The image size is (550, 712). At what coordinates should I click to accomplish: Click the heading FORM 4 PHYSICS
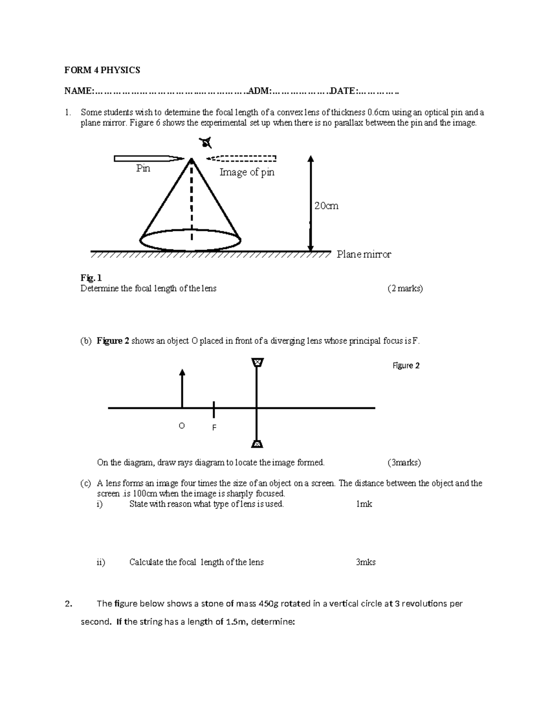click(x=102, y=70)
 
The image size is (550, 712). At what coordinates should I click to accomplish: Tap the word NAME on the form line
click(x=78, y=91)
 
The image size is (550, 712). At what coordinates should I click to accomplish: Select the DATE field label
click(x=342, y=91)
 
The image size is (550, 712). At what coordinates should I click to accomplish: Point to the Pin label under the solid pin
click(x=143, y=169)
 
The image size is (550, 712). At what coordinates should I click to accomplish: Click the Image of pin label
click(x=247, y=172)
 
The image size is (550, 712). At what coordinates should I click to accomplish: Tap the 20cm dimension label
click(x=326, y=206)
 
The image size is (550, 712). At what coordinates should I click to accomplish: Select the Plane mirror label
click(x=364, y=254)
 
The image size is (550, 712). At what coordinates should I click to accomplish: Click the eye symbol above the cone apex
click(x=206, y=144)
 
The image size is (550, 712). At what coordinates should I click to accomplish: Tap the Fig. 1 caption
click(x=91, y=278)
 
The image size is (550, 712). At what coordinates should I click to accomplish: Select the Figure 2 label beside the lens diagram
click(x=406, y=365)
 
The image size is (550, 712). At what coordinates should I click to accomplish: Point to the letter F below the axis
click(x=214, y=428)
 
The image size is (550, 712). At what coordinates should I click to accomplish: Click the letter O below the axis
click(x=181, y=426)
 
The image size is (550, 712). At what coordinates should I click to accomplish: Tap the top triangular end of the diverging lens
click(x=258, y=363)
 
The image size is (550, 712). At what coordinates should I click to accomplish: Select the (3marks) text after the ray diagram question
click(x=404, y=463)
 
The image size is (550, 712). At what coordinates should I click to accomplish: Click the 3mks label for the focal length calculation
click(x=365, y=562)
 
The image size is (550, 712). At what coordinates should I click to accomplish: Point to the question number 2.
click(x=68, y=604)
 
